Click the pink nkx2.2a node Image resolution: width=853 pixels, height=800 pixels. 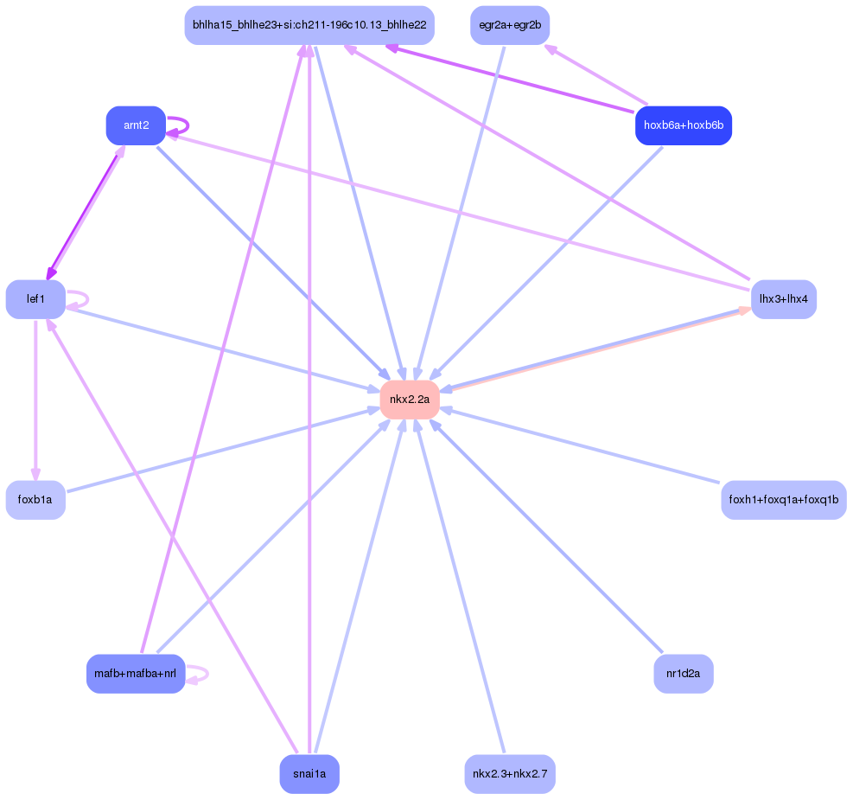click(x=410, y=400)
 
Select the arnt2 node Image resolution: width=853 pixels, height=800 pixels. click(x=136, y=126)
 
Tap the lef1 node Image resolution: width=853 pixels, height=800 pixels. click(x=35, y=299)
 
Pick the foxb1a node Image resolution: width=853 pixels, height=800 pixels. click(x=35, y=500)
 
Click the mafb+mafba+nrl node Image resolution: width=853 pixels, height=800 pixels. click(x=136, y=674)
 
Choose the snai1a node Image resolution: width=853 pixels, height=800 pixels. click(x=309, y=774)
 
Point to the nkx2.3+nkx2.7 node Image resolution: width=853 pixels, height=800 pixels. click(x=510, y=774)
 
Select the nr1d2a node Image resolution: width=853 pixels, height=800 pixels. click(x=684, y=674)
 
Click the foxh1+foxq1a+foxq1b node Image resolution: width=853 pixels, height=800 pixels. click(x=784, y=500)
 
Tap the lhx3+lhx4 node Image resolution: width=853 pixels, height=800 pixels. click(x=784, y=299)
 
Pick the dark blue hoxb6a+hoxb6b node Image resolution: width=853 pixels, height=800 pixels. click(x=684, y=126)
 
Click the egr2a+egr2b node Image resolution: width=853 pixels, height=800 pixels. click(x=510, y=25)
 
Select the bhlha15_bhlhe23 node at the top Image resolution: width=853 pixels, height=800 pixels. click(x=309, y=25)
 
